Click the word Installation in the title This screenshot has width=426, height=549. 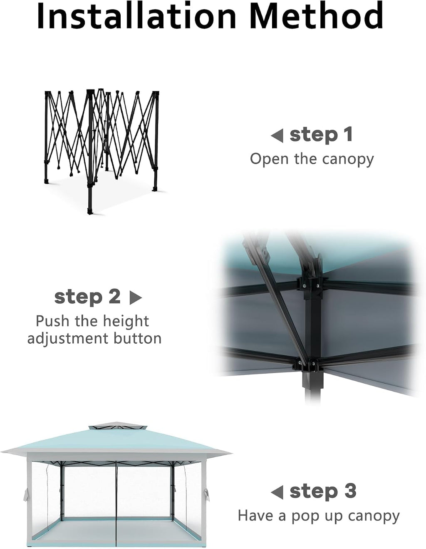(x=136, y=16)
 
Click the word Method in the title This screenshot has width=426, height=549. (x=317, y=16)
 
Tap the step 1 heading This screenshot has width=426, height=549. (x=321, y=135)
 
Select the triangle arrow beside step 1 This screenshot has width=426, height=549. (x=277, y=136)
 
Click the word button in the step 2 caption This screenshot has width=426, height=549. (x=137, y=338)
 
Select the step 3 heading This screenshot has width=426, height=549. (x=323, y=491)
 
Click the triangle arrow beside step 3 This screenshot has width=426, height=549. (x=277, y=492)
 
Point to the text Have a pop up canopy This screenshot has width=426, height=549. (x=319, y=517)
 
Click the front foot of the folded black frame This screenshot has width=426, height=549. (x=90, y=211)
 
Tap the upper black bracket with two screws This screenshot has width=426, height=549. (x=311, y=286)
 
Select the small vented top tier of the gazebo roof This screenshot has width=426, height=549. (x=118, y=428)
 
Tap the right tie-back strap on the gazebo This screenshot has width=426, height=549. (x=206, y=495)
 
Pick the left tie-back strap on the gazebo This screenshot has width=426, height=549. (x=26, y=495)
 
